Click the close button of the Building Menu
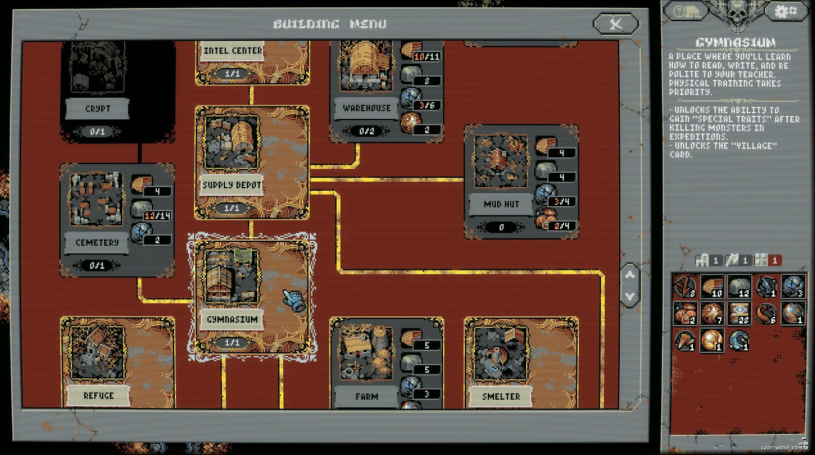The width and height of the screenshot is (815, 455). click(x=615, y=24)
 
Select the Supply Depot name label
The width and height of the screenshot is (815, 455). click(x=232, y=185)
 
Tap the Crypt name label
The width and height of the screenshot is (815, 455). click(x=97, y=109)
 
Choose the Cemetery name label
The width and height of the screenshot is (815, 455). click(x=97, y=243)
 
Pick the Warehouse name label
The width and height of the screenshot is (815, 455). click(x=367, y=108)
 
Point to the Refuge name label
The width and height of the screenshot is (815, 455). click(x=99, y=396)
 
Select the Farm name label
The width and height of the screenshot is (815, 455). click(x=367, y=396)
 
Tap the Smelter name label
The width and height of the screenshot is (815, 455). click(x=501, y=396)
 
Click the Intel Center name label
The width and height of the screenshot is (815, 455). click(x=232, y=51)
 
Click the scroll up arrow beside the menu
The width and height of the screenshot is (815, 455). click(x=629, y=274)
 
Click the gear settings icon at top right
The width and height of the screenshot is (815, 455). click(x=786, y=12)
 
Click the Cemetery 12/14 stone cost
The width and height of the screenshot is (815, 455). click(x=157, y=215)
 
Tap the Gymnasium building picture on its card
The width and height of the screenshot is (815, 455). click(x=232, y=277)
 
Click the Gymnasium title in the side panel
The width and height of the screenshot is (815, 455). click(x=735, y=43)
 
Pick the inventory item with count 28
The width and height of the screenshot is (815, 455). click(x=739, y=313)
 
